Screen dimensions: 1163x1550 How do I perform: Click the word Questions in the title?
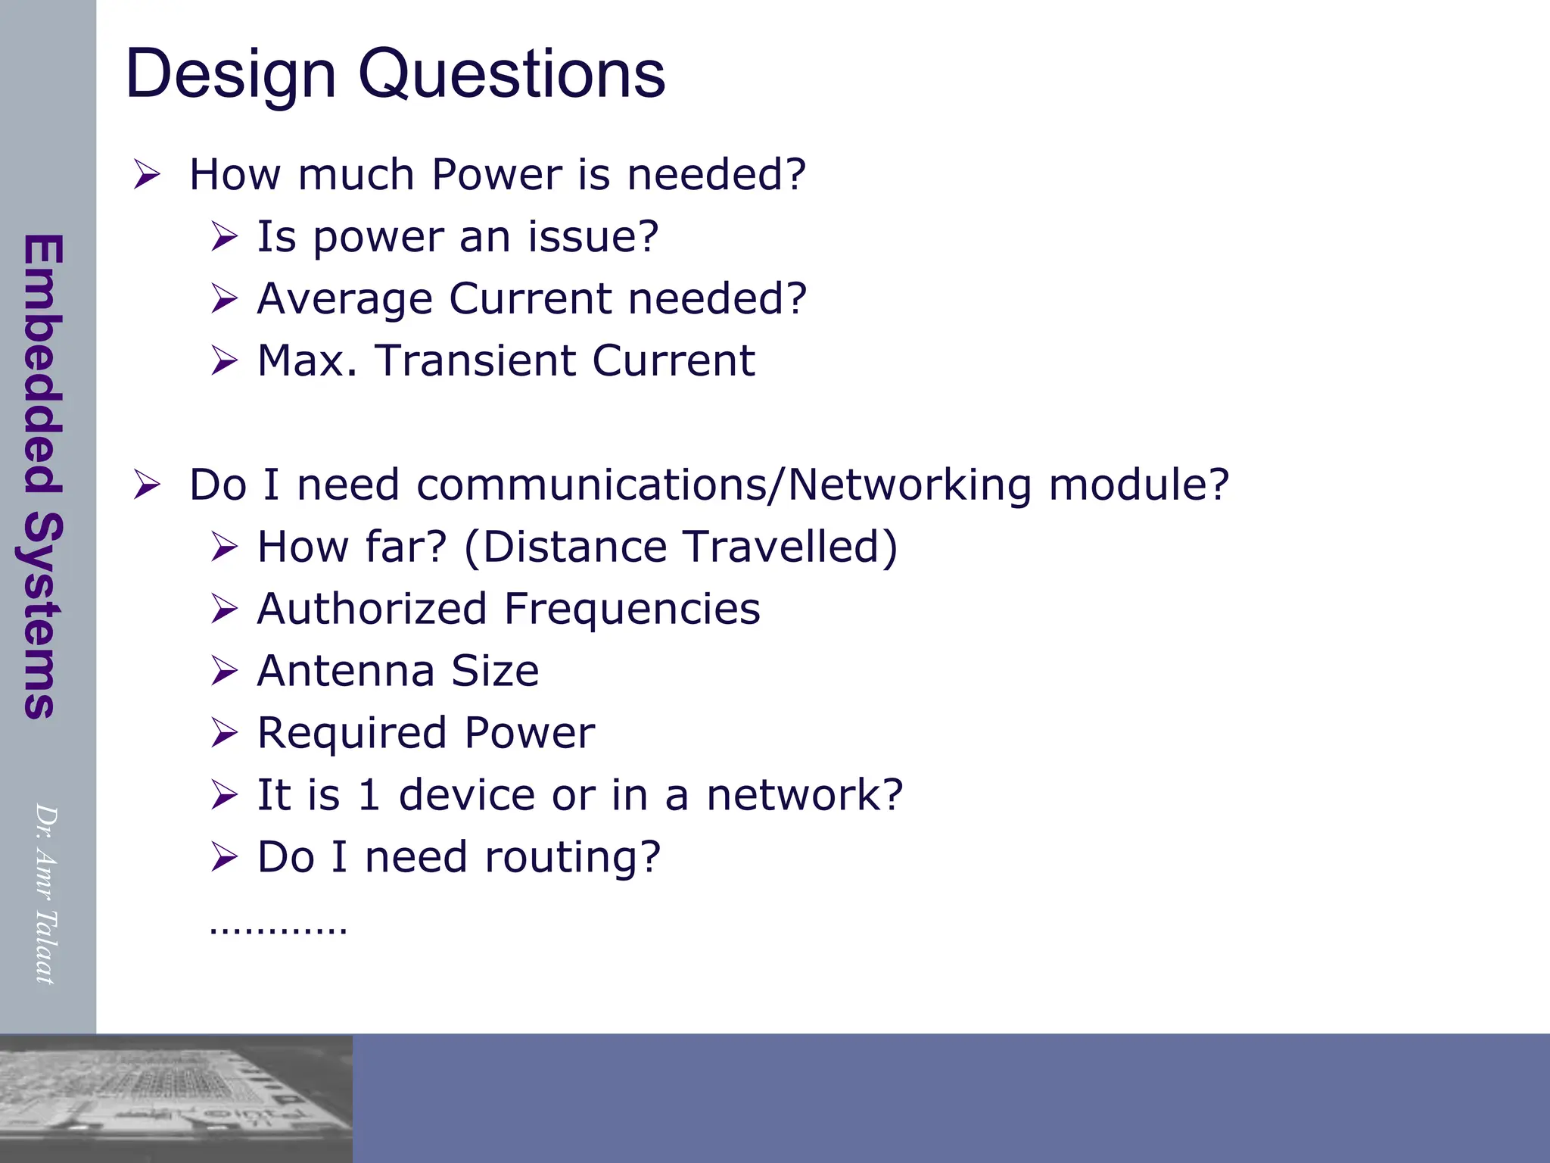(512, 74)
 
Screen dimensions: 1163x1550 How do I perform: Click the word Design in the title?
(230, 74)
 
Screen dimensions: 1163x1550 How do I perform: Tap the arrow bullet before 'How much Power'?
(147, 175)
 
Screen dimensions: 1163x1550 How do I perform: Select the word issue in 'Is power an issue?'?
(593, 236)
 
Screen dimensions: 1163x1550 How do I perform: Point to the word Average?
(344, 298)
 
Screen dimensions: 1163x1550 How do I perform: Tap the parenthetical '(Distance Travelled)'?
(680, 547)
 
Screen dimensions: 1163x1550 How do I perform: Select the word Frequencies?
(632, 609)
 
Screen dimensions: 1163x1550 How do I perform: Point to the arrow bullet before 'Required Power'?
(224, 733)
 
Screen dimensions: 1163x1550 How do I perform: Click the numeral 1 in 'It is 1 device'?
(369, 795)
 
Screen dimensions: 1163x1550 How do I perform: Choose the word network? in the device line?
(805, 795)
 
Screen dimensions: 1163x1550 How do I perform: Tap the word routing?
(572, 857)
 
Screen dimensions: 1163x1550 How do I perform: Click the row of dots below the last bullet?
(278, 928)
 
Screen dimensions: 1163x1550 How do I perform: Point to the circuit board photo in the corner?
(176, 1098)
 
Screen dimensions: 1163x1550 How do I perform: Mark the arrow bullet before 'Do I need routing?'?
(224, 857)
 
